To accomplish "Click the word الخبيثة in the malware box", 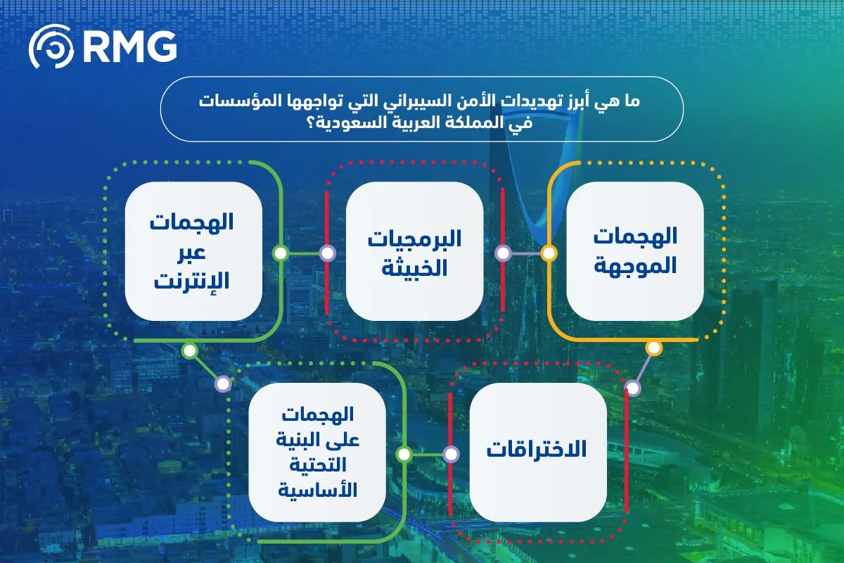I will tap(415, 267).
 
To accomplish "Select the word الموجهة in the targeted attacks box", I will tap(635, 266).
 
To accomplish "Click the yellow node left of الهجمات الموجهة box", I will tap(549, 253).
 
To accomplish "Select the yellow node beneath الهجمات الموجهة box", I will tap(653, 348).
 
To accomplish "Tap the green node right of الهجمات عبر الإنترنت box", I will tap(280, 253).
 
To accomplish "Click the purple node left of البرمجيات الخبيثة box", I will tap(327, 253).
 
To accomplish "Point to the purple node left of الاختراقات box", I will tap(451, 454).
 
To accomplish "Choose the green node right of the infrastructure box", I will tap(404, 454).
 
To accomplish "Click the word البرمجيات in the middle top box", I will tap(415, 239).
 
